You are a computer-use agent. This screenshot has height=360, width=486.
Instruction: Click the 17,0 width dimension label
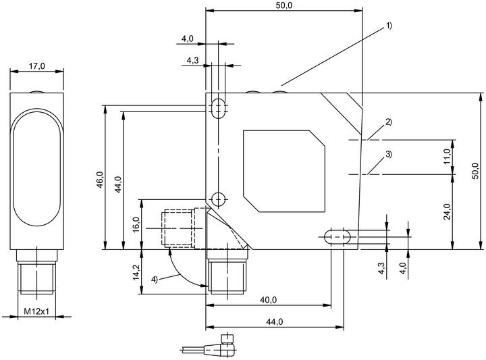click(37, 66)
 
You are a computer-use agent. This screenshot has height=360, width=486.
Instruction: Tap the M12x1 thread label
click(36, 311)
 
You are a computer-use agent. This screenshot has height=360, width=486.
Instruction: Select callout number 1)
click(389, 26)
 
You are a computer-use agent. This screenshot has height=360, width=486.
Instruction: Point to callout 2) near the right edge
click(389, 122)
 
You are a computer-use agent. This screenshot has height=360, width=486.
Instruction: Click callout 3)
click(389, 154)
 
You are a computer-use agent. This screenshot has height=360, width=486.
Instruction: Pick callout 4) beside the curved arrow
click(155, 280)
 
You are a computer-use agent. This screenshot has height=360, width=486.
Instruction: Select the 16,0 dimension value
click(136, 224)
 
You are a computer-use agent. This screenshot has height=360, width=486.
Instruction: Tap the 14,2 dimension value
click(136, 273)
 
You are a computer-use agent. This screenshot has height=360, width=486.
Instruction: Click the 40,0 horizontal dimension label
click(269, 300)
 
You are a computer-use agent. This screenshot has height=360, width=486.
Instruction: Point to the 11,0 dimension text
click(447, 157)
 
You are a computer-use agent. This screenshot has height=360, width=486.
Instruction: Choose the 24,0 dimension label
click(447, 211)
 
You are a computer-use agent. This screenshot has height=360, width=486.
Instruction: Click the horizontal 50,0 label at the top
click(284, 5)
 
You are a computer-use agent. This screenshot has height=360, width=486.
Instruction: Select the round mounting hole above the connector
click(219, 199)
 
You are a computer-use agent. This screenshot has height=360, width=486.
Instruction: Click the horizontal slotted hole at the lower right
click(337, 237)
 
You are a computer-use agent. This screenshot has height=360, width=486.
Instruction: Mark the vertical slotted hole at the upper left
click(219, 109)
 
